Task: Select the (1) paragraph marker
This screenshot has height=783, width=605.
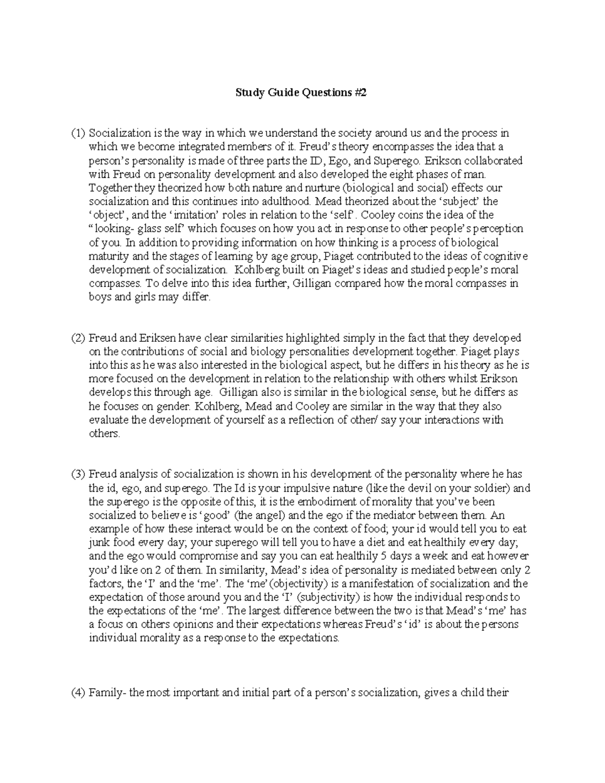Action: (x=78, y=134)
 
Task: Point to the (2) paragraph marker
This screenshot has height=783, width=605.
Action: (x=78, y=338)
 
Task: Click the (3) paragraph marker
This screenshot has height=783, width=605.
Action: (x=78, y=474)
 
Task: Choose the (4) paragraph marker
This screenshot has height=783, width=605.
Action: (x=78, y=693)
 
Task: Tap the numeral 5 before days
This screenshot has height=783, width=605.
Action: (x=385, y=556)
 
